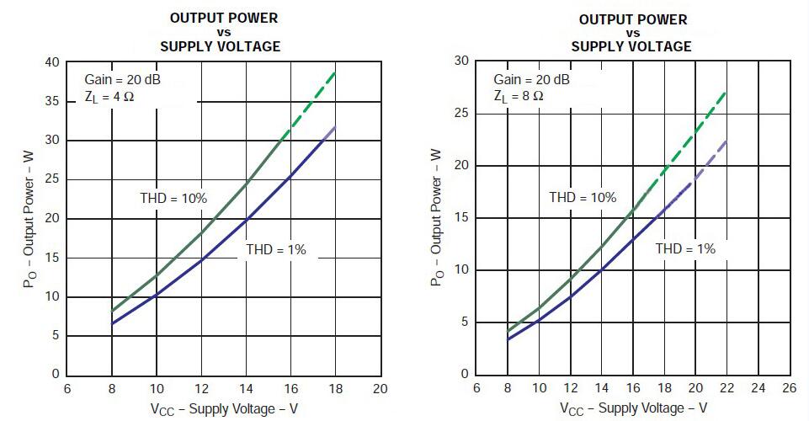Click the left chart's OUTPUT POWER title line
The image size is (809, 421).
[224, 18]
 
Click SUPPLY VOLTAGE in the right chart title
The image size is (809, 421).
[631, 47]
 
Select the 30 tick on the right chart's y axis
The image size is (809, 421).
[460, 61]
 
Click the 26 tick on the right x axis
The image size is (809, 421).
[789, 389]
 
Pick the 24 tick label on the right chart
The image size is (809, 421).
[758, 389]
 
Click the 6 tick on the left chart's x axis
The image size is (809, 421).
[67, 389]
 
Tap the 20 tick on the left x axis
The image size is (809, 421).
[380, 389]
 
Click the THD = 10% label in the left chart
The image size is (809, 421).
[173, 199]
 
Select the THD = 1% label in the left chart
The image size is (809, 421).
[275, 249]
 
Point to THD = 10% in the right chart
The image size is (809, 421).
[583, 198]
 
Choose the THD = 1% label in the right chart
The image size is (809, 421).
[684, 249]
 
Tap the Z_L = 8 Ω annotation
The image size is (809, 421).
[519, 96]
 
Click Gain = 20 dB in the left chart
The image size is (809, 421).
[123, 80]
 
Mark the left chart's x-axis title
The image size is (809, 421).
[223, 408]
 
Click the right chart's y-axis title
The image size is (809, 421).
[436, 217]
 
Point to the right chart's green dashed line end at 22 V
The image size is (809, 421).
[725, 93]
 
